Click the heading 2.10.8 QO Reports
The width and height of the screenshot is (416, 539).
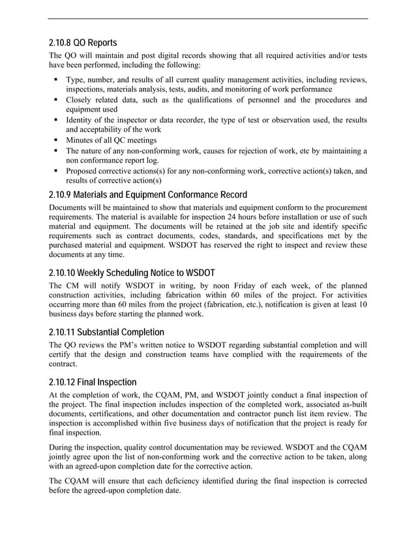[83, 43]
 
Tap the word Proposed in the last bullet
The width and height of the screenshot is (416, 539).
[83, 171]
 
